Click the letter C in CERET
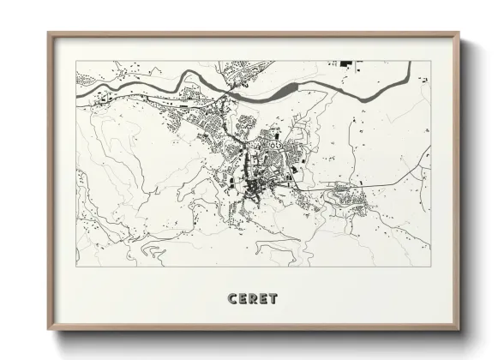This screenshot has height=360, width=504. pos(232,298)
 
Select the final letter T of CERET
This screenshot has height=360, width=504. pos(273,298)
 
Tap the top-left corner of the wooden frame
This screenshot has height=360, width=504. pos(49,33)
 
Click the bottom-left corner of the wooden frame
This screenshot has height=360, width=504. pos(49,332)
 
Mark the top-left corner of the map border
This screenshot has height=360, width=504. pos(76,61)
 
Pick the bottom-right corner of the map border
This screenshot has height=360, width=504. pos(430,267)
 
